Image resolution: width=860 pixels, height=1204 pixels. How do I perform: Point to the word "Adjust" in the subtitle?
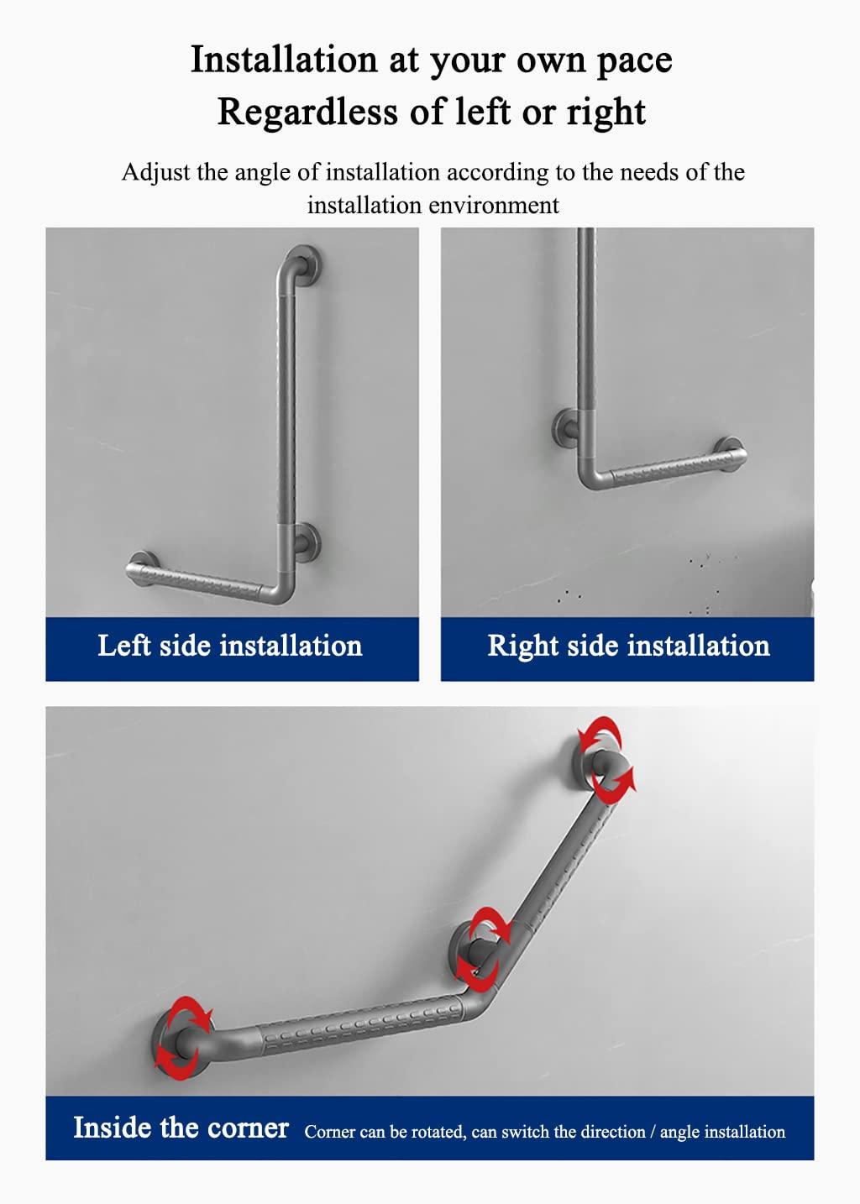[157, 173]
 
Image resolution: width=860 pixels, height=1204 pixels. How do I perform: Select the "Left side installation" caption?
[230, 646]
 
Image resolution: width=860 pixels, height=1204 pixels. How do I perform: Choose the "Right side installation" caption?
[628, 646]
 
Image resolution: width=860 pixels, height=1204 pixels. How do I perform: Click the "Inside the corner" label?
[181, 1127]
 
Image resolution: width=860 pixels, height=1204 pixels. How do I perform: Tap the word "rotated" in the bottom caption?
[433, 1132]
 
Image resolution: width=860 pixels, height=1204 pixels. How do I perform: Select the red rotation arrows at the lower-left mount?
[186, 1037]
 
